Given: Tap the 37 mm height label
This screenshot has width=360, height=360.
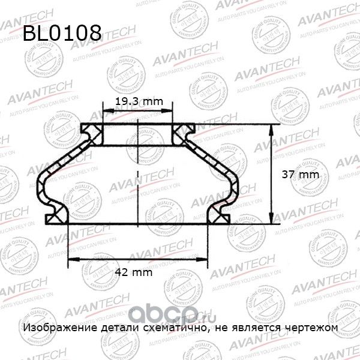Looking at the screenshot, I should [299, 175].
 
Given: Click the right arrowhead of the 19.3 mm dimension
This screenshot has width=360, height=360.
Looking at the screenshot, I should [172, 112].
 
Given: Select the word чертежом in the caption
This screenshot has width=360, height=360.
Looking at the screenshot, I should [311, 328].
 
